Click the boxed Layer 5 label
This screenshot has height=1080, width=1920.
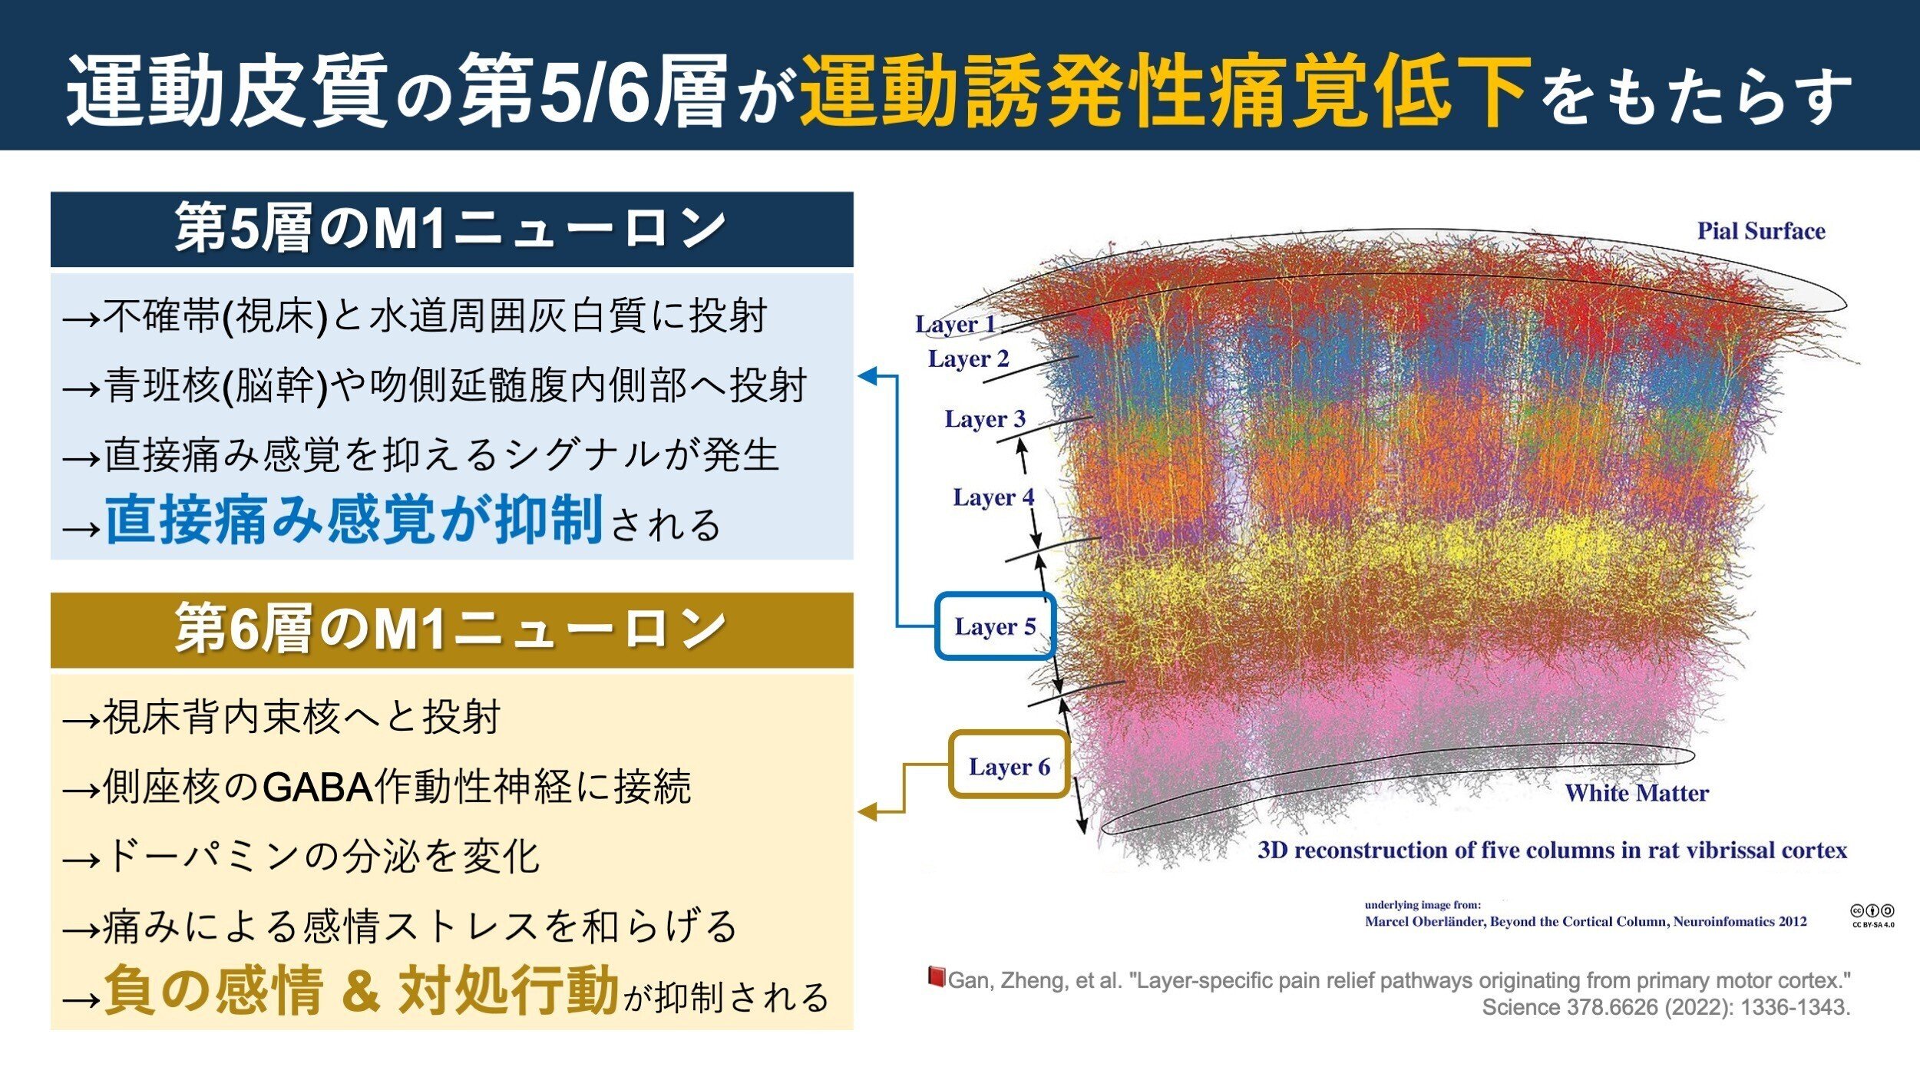[995, 626]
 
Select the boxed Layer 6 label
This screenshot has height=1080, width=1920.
[1010, 765]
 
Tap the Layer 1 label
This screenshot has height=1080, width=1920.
[955, 325]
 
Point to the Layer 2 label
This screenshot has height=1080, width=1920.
[968, 359]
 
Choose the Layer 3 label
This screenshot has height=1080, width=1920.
[985, 420]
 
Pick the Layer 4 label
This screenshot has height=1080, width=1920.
[993, 498]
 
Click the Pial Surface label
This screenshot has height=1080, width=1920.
[1761, 231]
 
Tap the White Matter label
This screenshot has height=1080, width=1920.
[1637, 793]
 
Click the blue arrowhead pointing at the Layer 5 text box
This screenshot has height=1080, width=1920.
[867, 376]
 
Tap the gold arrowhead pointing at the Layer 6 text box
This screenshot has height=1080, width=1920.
[867, 811]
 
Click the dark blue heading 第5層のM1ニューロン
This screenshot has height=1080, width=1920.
[451, 229]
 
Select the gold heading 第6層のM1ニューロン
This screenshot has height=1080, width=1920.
[451, 629]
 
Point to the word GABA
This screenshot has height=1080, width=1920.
[318, 788]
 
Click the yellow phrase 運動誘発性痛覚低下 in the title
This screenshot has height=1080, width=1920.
[1166, 91]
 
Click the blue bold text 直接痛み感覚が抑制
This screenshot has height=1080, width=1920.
[353, 520]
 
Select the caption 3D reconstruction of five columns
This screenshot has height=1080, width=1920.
[1552, 850]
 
